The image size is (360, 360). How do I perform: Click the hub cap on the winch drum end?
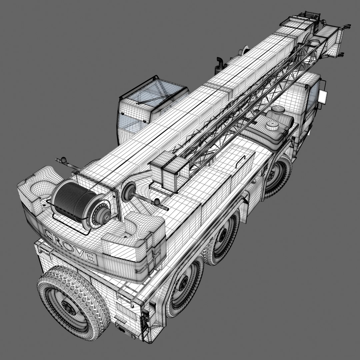tap(103, 217)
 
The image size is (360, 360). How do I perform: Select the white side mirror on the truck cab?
tap(323, 96)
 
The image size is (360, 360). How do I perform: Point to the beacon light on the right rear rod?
tap(156, 202)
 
